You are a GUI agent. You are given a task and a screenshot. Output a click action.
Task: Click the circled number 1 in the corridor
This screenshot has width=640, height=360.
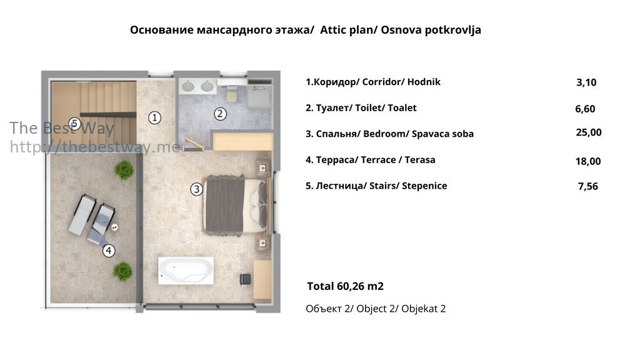[154, 118]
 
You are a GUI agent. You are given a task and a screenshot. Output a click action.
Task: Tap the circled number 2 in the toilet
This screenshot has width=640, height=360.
[220, 114]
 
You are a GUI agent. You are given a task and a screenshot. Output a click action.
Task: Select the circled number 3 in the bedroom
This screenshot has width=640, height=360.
[197, 189]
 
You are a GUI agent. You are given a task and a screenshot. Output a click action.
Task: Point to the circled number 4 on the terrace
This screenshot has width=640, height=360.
[109, 251]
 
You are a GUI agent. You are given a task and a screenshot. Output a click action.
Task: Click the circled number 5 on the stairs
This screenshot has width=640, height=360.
[74, 123]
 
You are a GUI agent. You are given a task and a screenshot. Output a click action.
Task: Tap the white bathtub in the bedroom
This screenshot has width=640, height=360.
[186, 271]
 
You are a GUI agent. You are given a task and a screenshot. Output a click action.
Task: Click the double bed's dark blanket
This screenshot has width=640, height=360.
[225, 206]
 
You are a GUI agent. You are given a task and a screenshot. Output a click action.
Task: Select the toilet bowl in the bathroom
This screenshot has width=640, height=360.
[231, 94]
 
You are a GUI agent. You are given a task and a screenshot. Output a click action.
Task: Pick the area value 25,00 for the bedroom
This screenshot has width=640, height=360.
[589, 132]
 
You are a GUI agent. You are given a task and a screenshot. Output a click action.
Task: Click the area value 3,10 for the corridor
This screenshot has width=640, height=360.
[586, 82]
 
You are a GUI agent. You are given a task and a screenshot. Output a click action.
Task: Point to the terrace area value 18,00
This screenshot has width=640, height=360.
[588, 161]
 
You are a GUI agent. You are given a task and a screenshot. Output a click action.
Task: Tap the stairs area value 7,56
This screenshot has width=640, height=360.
[587, 186]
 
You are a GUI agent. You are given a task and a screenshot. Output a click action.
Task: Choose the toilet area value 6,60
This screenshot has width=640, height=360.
[585, 109]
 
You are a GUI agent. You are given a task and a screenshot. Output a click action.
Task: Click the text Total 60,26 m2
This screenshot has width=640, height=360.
[345, 286]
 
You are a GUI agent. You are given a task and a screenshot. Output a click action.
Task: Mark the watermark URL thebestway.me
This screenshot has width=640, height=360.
[95, 146]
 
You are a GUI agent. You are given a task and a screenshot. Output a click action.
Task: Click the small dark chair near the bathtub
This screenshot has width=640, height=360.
[245, 279]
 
